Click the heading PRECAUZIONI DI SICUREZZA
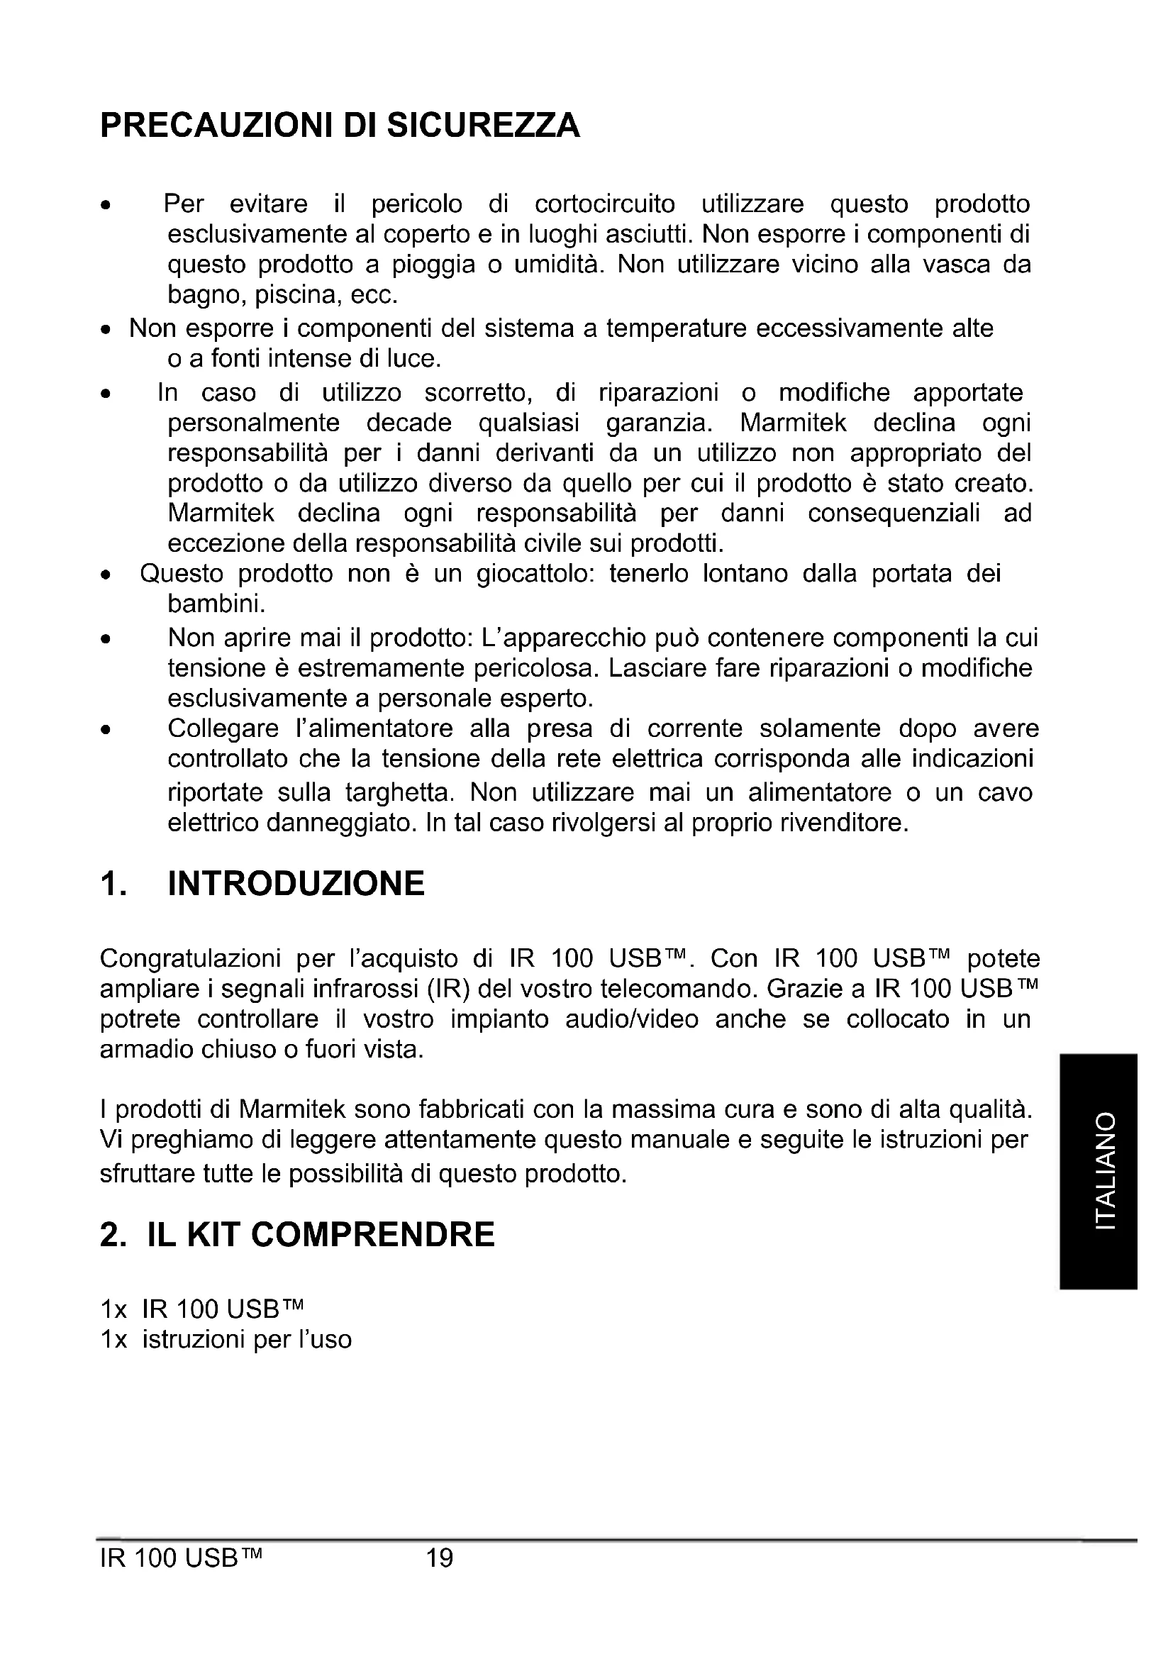pyautogui.click(x=340, y=125)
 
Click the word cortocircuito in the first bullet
pyautogui.click(x=604, y=204)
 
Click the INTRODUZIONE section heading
pyautogui.click(x=296, y=883)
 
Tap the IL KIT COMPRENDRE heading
pyautogui.click(x=321, y=1235)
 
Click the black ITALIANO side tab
pyautogui.click(x=1099, y=1171)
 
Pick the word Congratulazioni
pyautogui.click(x=190, y=959)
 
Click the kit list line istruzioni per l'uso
pyautogui.click(x=246, y=1340)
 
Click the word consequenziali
pyautogui.click(x=894, y=513)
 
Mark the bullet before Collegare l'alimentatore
pyautogui.click(x=106, y=730)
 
